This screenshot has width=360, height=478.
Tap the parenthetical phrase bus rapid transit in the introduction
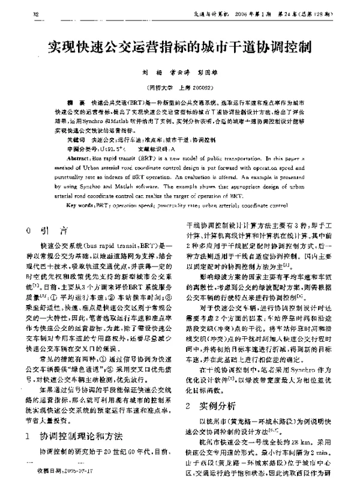click(113, 246)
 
